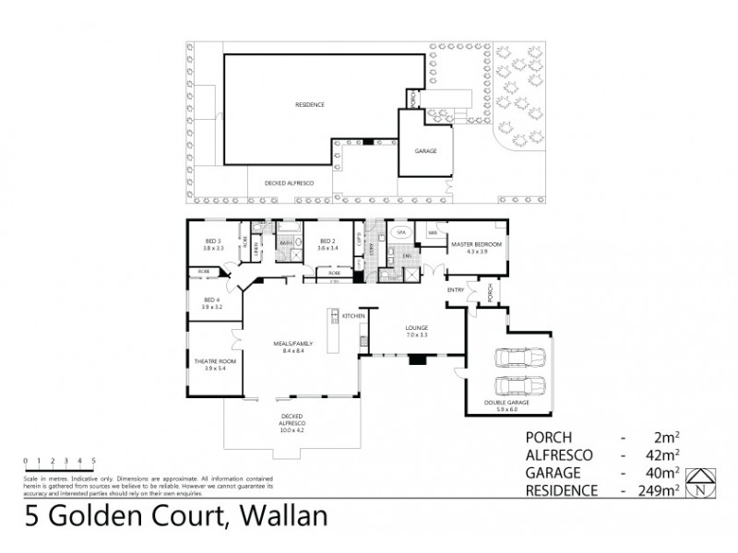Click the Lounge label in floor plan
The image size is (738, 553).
417,327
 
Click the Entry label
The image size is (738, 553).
455,290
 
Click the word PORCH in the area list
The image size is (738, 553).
550,436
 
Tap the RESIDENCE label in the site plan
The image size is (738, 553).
309,105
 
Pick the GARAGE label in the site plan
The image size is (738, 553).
425,150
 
